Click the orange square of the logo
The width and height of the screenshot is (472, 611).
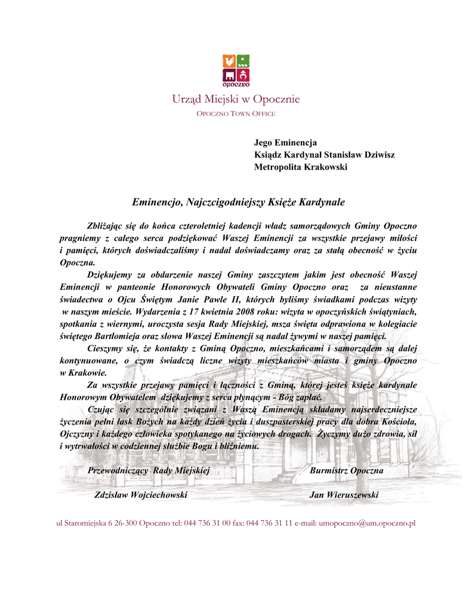pyautogui.click(x=229, y=61)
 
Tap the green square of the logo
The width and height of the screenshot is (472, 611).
pyautogui.click(x=243, y=61)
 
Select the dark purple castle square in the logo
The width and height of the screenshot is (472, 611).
pyautogui.click(x=229, y=75)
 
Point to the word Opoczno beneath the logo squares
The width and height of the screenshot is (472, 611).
pyautogui.click(x=236, y=84)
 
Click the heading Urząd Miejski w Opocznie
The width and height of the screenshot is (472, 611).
pyautogui.click(x=236, y=99)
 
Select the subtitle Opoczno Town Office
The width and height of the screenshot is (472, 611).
pyautogui.click(x=236, y=113)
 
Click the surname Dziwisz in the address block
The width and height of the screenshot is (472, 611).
pyautogui.click(x=377, y=155)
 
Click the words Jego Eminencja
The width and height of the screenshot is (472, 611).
pyautogui.click(x=285, y=142)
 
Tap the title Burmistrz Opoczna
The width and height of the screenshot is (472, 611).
pyautogui.click(x=346, y=470)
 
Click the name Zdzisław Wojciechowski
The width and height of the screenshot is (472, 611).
pyautogui.click(x=141, y=495)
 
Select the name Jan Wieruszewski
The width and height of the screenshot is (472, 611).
pyautogui.click(x=344, y=495)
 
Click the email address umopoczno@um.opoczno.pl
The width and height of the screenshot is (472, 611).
pyautogui.click(x=367, y=523)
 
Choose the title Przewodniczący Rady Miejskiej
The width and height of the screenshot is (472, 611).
pyautogui.click(x=149, y=470)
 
